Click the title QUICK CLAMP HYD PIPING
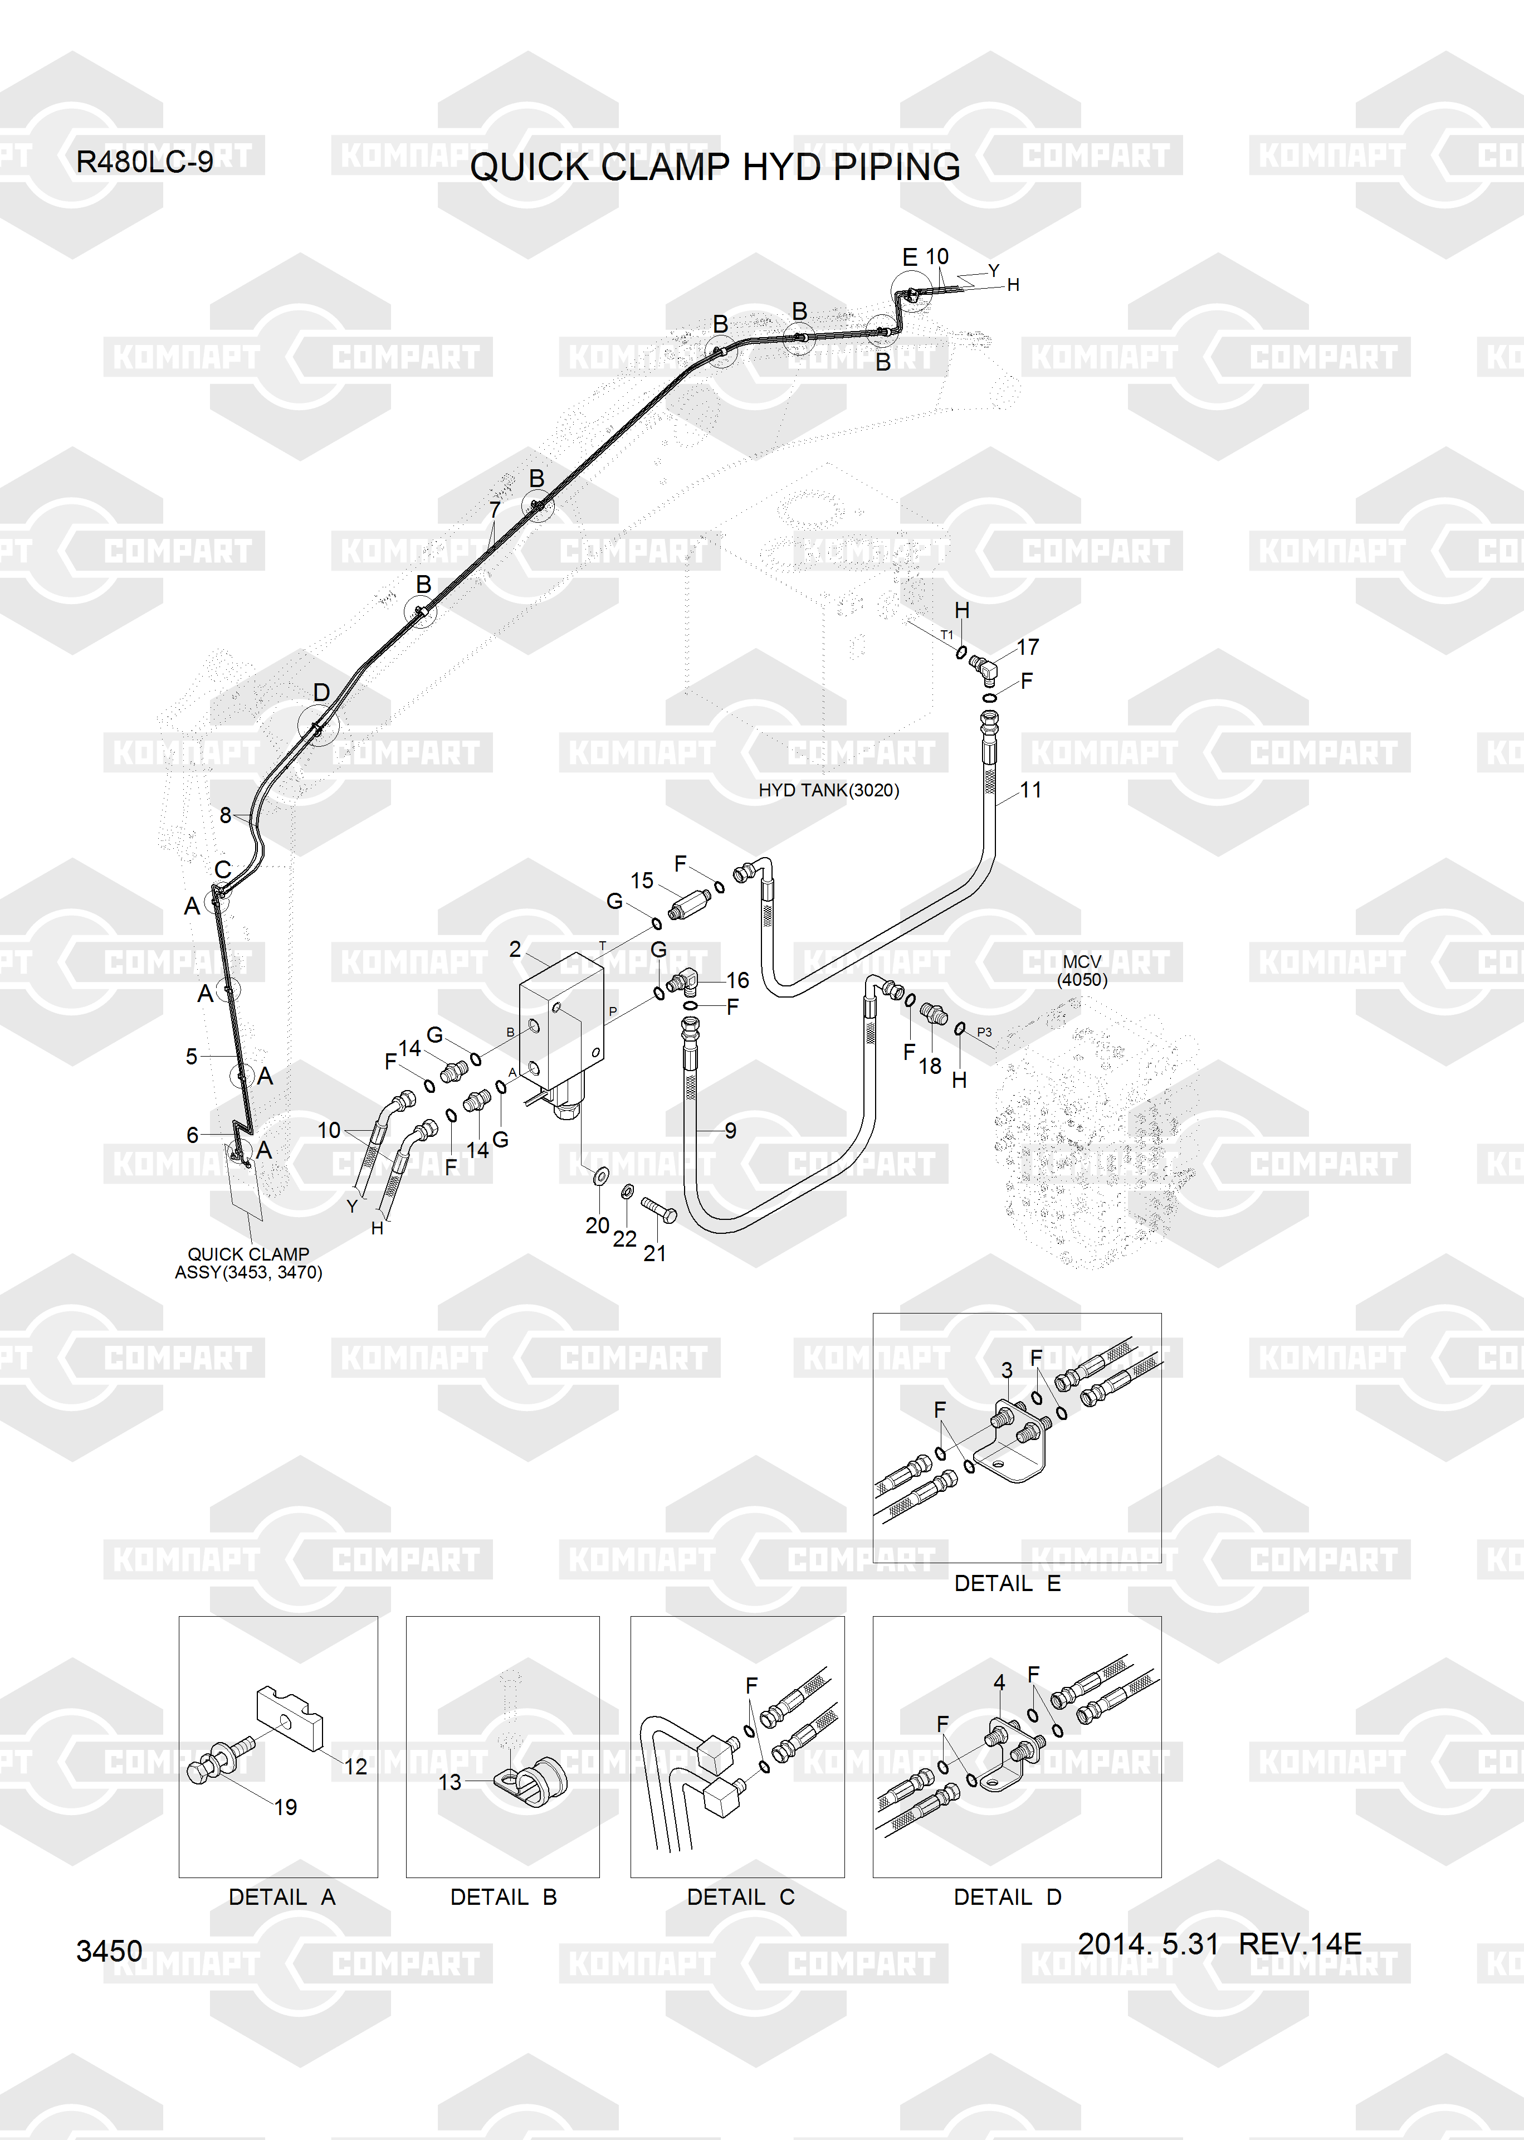click(x=715, y=167)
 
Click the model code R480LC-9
click(x=144, y=162)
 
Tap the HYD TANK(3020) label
click(x=829, y=790)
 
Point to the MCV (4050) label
click(x=1082, y=970)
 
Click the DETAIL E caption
click(x=1007, y=1583)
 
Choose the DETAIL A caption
click(x=281, y=1897)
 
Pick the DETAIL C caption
click(x=740, y=1897)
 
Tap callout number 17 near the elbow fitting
click(x=1028, y=646)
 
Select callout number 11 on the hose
click(x=1030, y=790)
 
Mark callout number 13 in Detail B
click(x=451, y=1782)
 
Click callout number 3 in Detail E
click(x=1007, y=1370)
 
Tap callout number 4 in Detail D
click(x=999, y=1683)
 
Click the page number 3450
click(x=109, y=1951)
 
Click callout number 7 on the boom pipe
click(x=495, y=510)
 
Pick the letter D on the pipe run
click(x=321, y=692)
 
